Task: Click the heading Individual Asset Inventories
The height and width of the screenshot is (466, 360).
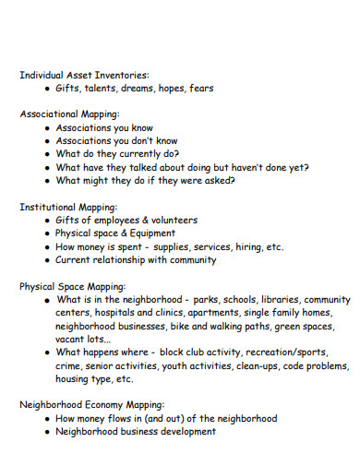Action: [84, 75]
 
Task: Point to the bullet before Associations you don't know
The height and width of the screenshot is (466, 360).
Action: [47, 141]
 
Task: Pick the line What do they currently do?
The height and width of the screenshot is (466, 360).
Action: [117, 154]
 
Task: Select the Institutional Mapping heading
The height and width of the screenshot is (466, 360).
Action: [69, 208]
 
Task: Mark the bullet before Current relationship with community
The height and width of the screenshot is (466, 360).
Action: [47, 260]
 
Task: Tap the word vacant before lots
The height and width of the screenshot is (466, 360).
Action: [71, 340]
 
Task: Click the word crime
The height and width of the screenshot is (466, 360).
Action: [70, 366]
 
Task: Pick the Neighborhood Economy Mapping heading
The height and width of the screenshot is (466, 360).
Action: [91, 405]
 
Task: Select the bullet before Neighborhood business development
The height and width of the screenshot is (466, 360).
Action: [47, 432]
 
